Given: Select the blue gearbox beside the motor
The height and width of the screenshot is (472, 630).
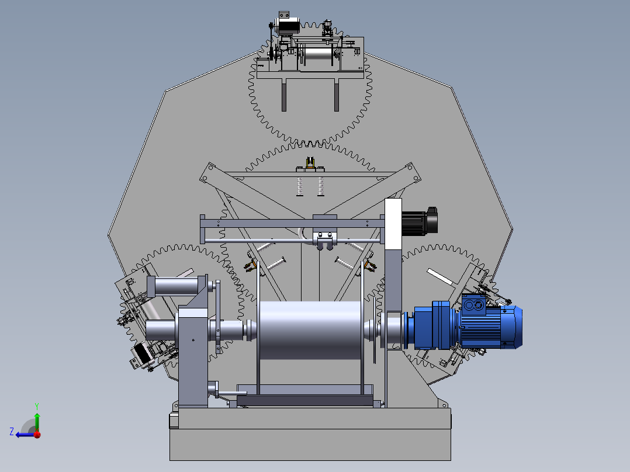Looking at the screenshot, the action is pyautogui.click(x=432, y=325).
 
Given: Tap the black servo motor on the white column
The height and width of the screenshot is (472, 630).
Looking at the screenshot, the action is pyautogui.click(x=419, y=222).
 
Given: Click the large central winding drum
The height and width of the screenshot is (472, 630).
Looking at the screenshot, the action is pyautogui.click(x=310, y=330).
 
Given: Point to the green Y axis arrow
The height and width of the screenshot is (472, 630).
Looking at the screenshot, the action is pyautogui.click(x=37, y=418).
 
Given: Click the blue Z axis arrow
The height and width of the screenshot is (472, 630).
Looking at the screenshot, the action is pyautogui.click(x=25, y=435).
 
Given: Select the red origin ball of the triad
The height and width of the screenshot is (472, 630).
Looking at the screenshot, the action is pyautogui.click(x=37, y=434).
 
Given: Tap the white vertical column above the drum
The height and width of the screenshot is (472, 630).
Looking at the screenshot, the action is pyautogui.click(x=393, y=224).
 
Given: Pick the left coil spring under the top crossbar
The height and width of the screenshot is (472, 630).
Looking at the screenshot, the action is pyautogui.click(x=300, y=187).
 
